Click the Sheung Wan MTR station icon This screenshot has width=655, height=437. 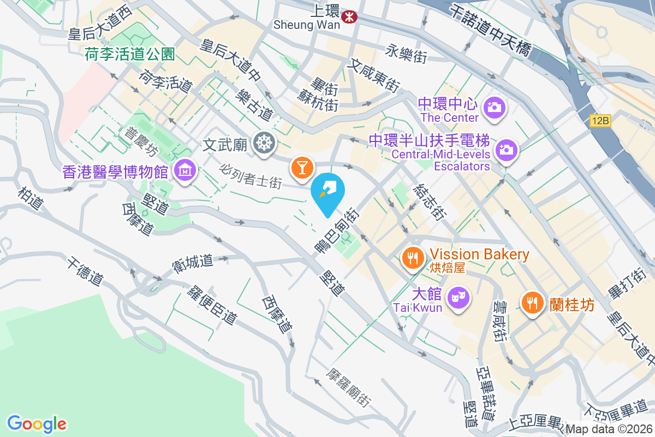[349, 17]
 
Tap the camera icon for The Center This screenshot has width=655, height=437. [495, 106]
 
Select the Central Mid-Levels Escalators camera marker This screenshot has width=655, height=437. [506, 149]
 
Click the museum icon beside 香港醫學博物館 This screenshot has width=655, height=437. [186, 171]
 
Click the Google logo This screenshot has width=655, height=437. [37, 424]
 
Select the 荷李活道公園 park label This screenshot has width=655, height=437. [130, 54]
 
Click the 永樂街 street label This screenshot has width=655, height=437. [406, 54]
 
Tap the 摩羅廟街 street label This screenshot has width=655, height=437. [349, 387]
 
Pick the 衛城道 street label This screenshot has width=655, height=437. [192, 262]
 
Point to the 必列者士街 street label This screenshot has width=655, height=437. [251, 174]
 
